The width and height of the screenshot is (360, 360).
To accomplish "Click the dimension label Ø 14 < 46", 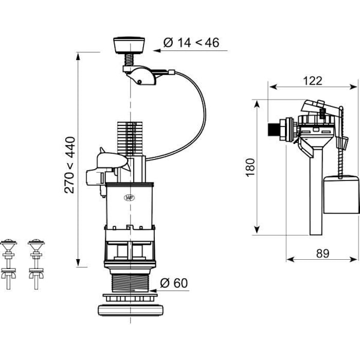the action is point(191,43).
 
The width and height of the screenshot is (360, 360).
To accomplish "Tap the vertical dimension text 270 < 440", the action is point(70,165).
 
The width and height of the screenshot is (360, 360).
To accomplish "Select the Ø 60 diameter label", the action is point(174,283).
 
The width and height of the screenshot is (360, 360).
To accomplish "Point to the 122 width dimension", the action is point(313,81).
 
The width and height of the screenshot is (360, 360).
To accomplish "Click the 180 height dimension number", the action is point(250,167).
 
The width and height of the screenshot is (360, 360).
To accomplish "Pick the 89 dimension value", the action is point(323,253).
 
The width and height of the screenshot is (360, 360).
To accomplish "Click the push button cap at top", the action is point(129,45).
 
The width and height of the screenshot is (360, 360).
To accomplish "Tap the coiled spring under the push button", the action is point(130,59).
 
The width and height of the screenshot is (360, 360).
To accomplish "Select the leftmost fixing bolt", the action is point(8,264).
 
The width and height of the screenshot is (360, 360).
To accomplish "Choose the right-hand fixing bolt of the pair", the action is point(36,264).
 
